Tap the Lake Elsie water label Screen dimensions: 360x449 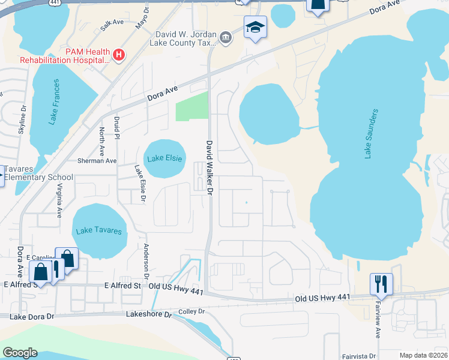coord(164,158)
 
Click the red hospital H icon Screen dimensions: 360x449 coord(119,56)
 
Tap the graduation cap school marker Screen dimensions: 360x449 coord(255,28)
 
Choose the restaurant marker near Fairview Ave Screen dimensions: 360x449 coord(381,283)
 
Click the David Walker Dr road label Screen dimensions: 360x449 coord(210,169)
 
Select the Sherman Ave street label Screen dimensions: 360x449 coord(97,161)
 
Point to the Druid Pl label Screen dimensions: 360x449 coord(118,128)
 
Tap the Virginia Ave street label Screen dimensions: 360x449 coord(59,200)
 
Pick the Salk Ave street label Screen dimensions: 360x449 coord(112,25)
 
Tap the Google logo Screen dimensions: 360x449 coord(20,353)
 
